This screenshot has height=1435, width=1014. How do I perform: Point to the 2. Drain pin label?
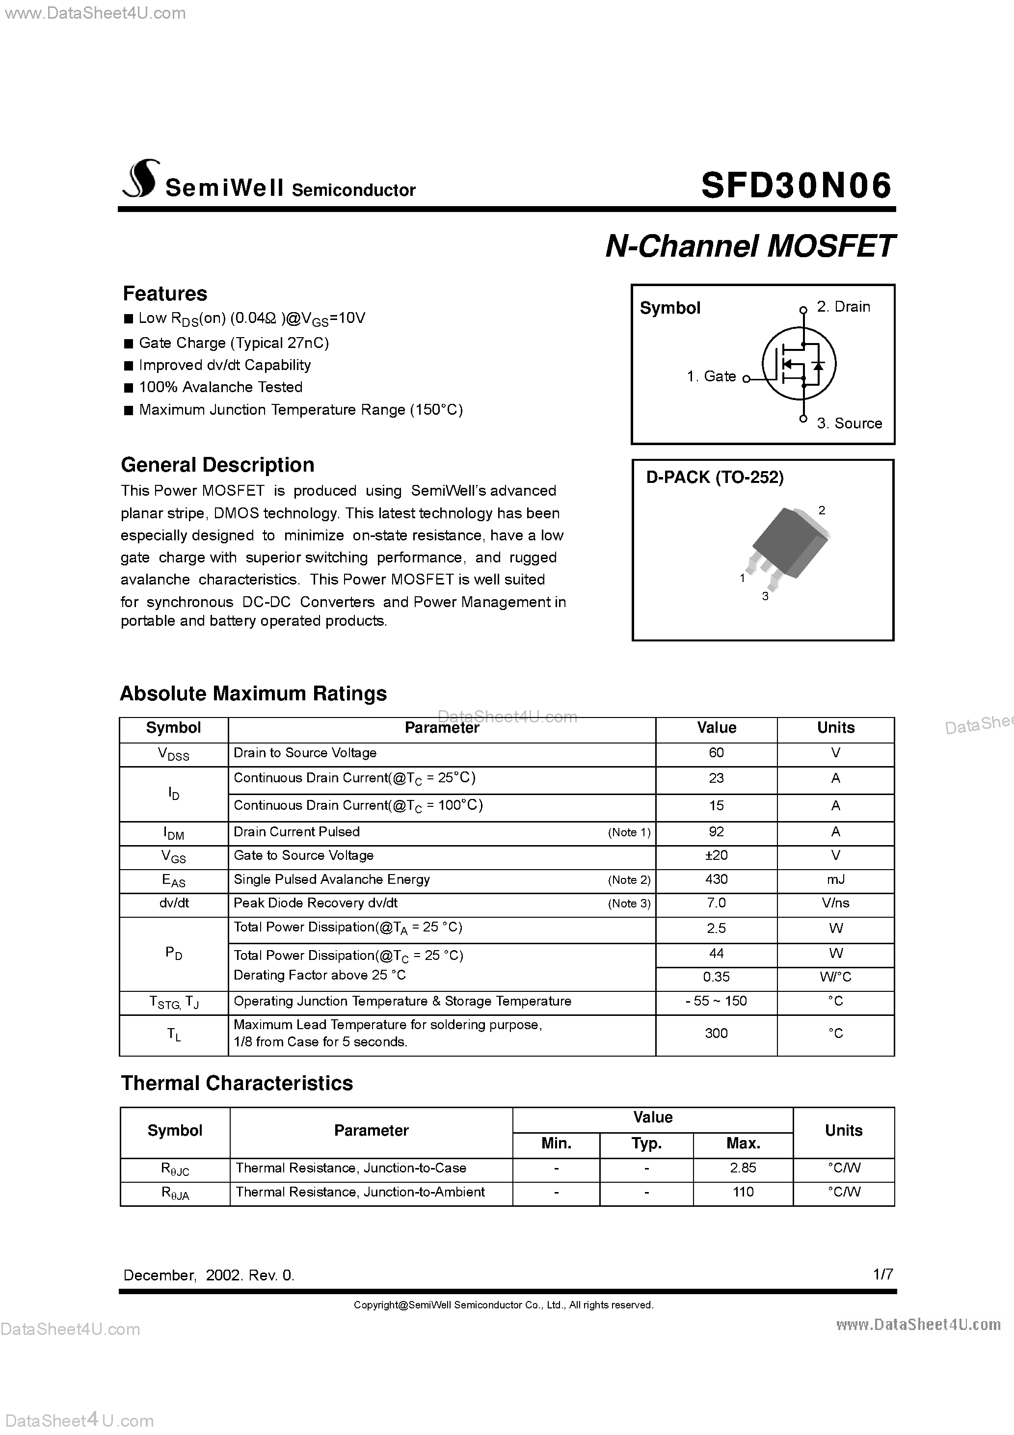pyautogui.click(x=843, y=307)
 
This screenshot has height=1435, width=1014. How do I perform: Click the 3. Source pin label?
pyautogui.click(x=849, y=423)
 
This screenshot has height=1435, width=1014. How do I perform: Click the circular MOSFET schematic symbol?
pyautogui.click(x=799, y=364)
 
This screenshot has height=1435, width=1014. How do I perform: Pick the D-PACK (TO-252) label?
pyautogui.click(x=714, y=478)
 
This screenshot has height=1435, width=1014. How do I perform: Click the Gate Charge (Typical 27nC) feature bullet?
pyautogui.click(x=233, y=343)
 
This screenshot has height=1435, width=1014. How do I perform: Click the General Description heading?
pyautogui.click(x=217, y=464)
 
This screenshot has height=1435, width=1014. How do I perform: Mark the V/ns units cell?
pyautogui.click(x=835, y=903)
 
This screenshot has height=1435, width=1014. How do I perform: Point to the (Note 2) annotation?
pyautogui.click(x=629, y=880)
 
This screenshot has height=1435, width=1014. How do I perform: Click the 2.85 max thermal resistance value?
pyautogui.click(x=743, y=1168)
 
